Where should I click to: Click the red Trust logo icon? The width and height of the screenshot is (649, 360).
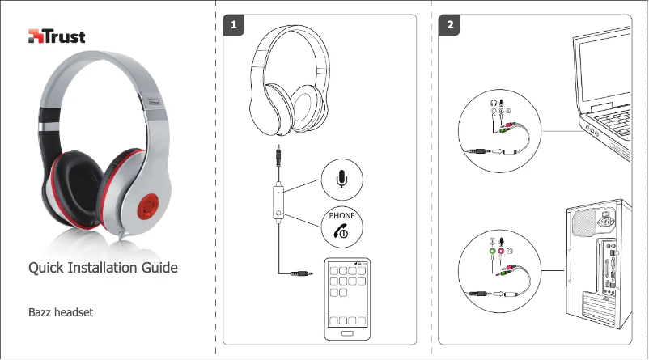[36, 37]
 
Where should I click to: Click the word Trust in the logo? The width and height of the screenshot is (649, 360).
[66, 37]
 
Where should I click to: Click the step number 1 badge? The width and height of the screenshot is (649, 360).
[233, 25]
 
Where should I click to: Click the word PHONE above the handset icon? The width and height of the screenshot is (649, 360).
[342, 216]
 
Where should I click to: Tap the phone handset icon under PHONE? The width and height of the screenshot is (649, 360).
[341, 231]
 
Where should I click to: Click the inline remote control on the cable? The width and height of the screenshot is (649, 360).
[278, 201]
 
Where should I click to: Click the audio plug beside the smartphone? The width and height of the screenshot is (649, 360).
[303, 275]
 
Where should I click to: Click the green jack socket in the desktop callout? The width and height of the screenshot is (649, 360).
[491, 252]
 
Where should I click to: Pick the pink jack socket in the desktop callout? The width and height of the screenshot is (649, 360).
[502, 252]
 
